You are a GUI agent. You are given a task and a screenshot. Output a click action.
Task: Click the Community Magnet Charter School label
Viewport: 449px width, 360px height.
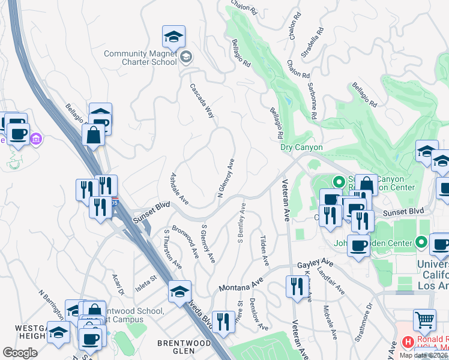pos(140,57)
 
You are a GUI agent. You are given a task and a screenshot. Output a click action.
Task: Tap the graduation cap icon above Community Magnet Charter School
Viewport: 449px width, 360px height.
pos(174,37)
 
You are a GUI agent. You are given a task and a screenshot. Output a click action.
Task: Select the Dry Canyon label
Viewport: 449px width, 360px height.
pos(301,147)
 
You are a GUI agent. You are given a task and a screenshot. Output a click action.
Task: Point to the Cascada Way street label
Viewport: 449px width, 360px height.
pos(202,100)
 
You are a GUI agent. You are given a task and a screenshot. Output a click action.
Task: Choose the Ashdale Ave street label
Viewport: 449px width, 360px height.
pos(180,188)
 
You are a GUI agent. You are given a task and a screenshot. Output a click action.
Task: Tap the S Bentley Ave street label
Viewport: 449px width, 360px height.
pos(241,223)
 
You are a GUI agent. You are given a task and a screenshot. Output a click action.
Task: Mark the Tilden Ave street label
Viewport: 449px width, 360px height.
pos(264,251)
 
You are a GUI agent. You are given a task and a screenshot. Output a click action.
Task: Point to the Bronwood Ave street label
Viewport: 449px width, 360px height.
pos(185,241)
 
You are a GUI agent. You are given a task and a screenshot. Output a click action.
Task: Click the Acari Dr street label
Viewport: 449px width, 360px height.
pos(118,284)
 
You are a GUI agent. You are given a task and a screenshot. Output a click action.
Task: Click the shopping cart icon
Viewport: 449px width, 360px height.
pos(424,321)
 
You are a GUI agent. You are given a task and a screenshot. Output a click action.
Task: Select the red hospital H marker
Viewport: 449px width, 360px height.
pos(408,342)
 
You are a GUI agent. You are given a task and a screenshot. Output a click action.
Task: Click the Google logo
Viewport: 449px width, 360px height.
pos(20,353)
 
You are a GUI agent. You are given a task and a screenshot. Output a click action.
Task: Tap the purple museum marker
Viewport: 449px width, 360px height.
pos(36,139)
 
